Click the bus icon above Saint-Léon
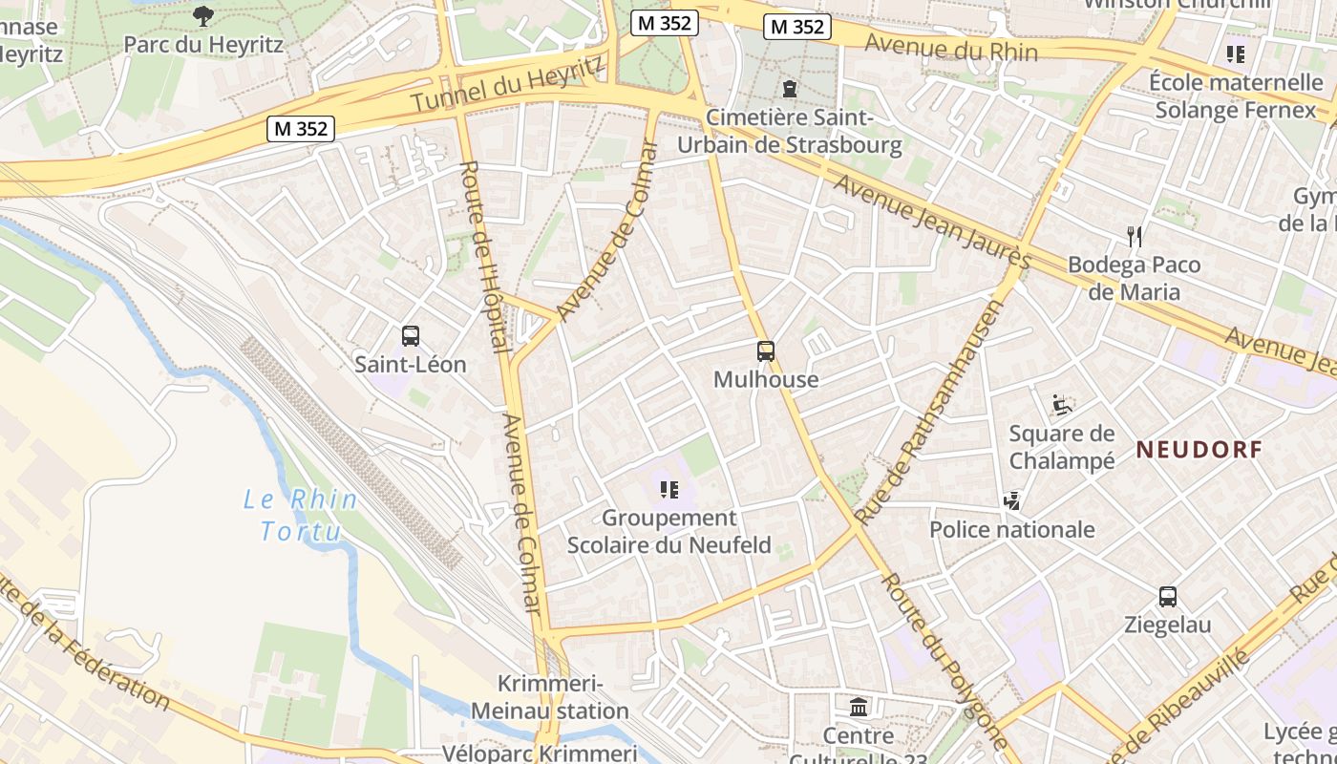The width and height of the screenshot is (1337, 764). coord(411,336)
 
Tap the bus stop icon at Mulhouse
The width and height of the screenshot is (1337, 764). coord(766,351)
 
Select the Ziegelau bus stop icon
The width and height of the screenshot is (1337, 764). coord(1167,598)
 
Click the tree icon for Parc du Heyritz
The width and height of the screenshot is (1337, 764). coord(203,15)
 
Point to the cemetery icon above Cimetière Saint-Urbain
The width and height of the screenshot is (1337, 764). coord(789,89)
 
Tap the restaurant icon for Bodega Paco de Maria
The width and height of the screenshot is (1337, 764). coord(1134,236)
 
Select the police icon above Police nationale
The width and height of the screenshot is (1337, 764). coord(1012,500)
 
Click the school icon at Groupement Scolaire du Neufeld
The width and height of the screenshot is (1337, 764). coord(668,490)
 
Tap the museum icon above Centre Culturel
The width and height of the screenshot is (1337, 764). coord(859,708)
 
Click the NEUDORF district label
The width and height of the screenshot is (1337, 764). coord(1199,450)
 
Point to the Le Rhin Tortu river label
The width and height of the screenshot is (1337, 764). coord(301,516)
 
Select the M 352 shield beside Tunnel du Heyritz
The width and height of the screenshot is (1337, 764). coord(301,128)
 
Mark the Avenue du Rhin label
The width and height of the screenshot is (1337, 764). coord(949,45)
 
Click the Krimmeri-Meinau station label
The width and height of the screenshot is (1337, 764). coord(550,698)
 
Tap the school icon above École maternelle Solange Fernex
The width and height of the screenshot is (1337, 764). coord(1236,54)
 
